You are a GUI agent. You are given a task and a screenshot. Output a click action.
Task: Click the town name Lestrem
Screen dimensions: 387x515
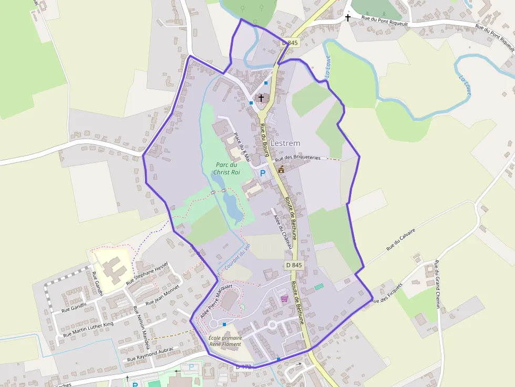(x=285, y=143)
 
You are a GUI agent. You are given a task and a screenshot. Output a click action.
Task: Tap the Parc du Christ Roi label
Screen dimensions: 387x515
(x=226, y=168)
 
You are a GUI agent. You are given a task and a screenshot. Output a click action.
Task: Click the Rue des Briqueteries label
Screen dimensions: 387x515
(x=297, y=158)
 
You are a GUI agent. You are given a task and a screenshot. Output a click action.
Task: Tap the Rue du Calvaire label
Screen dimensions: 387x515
(x=401, y=239)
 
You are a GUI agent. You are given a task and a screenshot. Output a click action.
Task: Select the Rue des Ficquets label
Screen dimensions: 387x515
(x=386, y=294)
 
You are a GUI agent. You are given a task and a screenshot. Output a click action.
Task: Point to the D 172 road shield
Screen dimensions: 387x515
(x=244, y=367)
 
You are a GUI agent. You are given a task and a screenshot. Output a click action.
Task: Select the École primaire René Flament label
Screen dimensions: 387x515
(x=225, y=341)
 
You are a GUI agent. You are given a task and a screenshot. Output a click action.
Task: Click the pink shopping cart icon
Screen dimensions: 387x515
(x=284, y=299)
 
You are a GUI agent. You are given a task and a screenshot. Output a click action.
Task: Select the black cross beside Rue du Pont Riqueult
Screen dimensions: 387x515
(x=347, y=18)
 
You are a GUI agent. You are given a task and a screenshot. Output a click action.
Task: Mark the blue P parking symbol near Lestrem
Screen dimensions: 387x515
(x=263, y=173)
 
